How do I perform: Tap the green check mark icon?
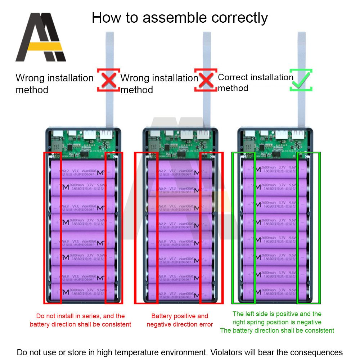point(301,80)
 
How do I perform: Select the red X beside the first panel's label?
point(108,80)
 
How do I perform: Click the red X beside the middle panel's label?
point(206,80)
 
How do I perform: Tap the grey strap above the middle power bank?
point(207,79)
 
